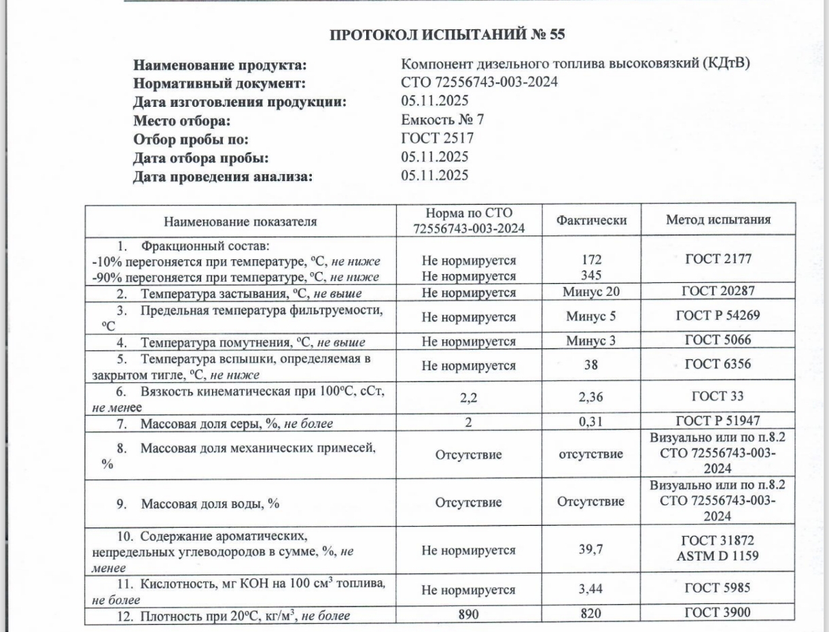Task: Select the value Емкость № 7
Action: click(443, 121)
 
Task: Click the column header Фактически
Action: click(591, 220)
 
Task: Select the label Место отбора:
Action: click(181, 122)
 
